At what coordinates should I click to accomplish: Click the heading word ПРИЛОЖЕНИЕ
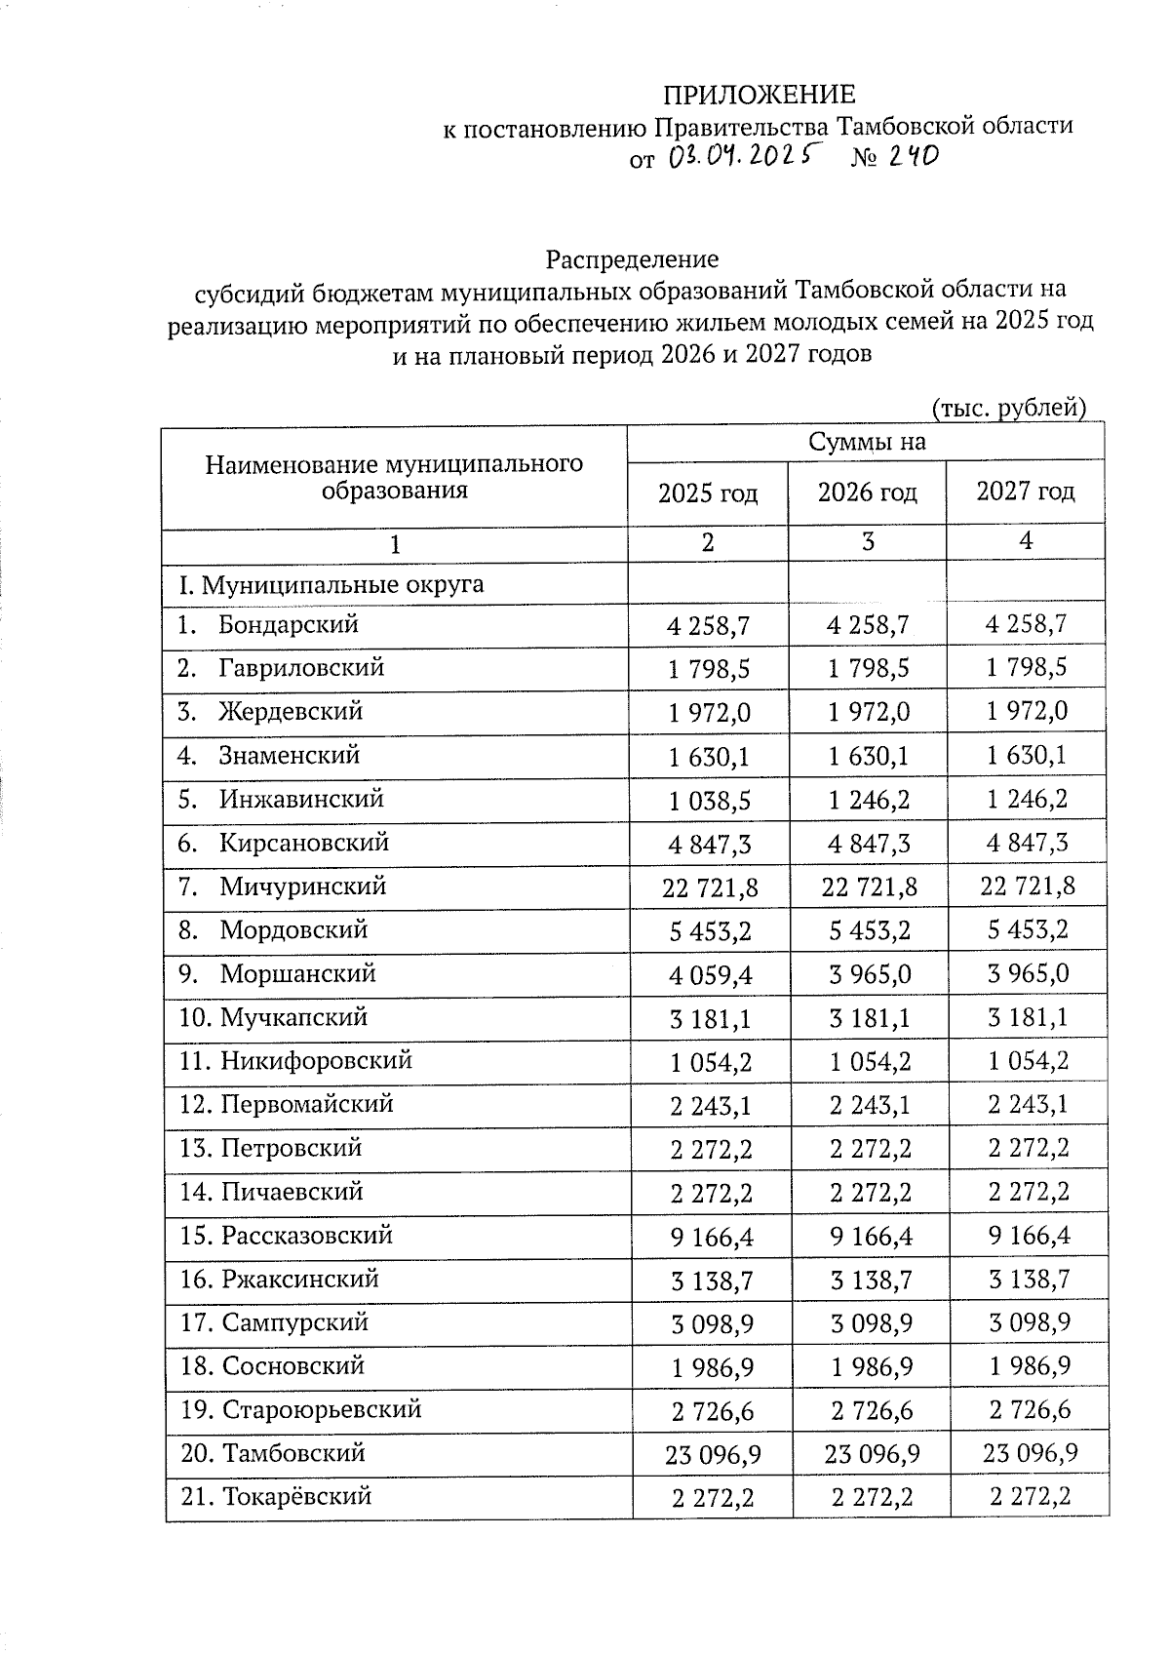click(759, 95)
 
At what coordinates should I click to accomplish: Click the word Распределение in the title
click(632, 259)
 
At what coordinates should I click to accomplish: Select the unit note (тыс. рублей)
click(1008, 407)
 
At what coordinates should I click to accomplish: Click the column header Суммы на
click(866, 443)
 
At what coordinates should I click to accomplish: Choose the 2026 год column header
click(867, 493)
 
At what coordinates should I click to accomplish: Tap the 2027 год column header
click(1025, 492)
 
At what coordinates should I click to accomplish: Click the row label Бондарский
click(288, 624)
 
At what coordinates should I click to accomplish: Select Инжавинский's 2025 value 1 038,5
click(710, 801)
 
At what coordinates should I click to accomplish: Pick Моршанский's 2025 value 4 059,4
click(710, 975)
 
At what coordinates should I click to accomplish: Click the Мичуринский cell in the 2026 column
click(869, 887)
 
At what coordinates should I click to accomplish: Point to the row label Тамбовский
click(293, 1453)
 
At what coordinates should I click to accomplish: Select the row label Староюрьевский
click(322, 1409)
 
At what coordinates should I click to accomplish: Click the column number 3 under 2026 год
click(867, 542)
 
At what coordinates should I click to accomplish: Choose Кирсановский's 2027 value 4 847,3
click(1028, 843)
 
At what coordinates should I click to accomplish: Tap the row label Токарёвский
click(297, 1496)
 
